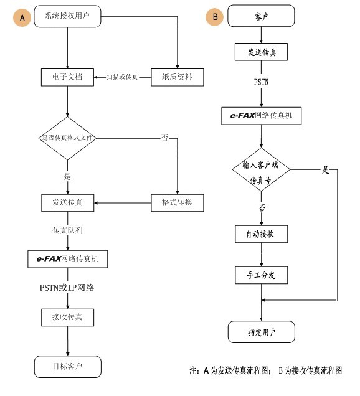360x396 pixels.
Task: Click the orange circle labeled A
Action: click(22, 17)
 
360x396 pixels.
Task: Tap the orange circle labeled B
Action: click(214, 17)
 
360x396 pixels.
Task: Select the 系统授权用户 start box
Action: click(67, 16)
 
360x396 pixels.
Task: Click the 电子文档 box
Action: click(67, 77)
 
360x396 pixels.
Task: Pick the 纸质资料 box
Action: click(178, 77)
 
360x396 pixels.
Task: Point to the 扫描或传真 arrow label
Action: click(122, 77)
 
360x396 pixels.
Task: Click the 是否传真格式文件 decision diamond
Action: click(67, 138)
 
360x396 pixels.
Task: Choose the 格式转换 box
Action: click(178, 203)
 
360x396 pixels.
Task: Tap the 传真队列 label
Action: click(67, 230)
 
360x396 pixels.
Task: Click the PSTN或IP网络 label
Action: click(67, 288)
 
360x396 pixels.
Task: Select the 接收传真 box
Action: click(68, 318)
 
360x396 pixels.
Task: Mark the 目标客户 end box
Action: click(68, 367)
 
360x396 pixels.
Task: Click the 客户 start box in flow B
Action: click(261, 16)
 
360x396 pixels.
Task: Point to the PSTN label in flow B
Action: click(261, 82)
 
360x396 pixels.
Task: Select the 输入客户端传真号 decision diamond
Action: click(261, 170)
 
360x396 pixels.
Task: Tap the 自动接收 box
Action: click(261, 234)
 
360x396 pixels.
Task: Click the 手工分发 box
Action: click(261, 275)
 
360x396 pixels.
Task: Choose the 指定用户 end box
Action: click(262, 332)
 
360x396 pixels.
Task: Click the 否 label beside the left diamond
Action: click(164, 138)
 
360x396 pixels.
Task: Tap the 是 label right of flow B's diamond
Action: click(326, 170)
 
